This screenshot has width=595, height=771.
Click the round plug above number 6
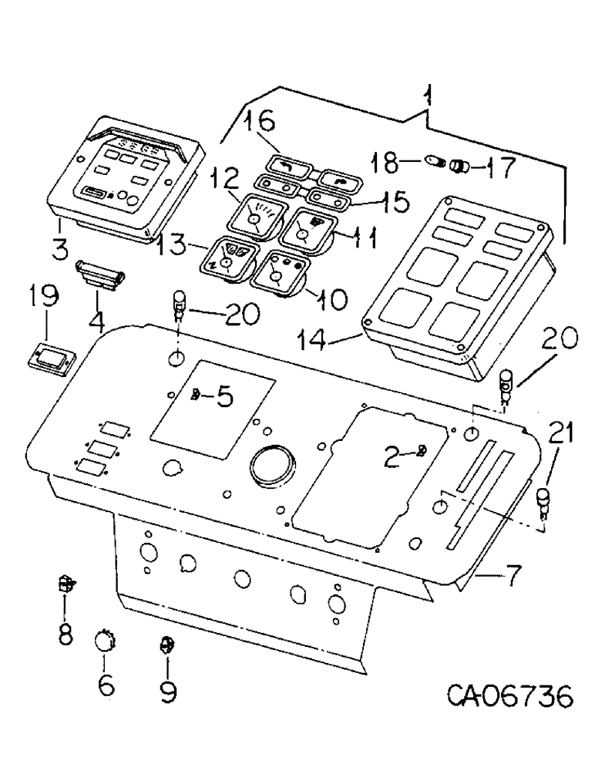[x=104, y=641]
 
